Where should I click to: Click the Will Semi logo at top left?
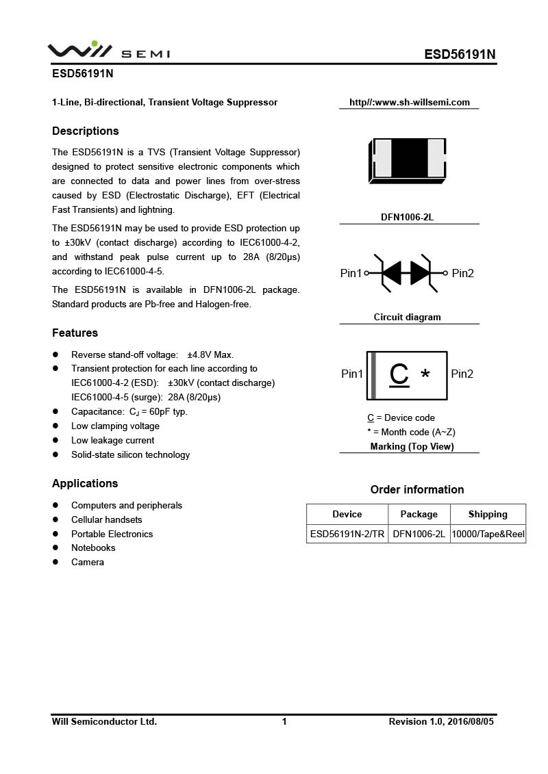coord(108,51)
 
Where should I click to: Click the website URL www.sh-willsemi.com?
coord(410,102)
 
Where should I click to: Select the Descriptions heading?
coord(86,131)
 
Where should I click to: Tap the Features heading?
coord(75,333)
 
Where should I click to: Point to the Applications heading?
coord(85,483)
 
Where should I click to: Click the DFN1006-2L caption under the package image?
coord(408,217)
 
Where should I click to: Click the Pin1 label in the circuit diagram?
coord(351,273)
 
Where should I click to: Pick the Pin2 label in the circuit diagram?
coord(462,273)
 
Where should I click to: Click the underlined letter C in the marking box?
coord(399,374)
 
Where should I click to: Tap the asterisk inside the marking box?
coord(425,375)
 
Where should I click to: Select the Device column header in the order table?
coord(347,514)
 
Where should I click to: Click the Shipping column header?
coord(488,514)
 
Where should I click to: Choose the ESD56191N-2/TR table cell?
coord(347,534)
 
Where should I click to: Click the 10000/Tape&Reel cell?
coord(488,534)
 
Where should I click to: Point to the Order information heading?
coord(417,489)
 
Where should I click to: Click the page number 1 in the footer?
coord(284,721)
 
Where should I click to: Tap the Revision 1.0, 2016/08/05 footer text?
coord(440,721)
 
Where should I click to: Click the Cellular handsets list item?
coord(107,519)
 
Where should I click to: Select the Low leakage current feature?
coord(113,440)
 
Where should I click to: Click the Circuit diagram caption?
coord(408,317)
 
